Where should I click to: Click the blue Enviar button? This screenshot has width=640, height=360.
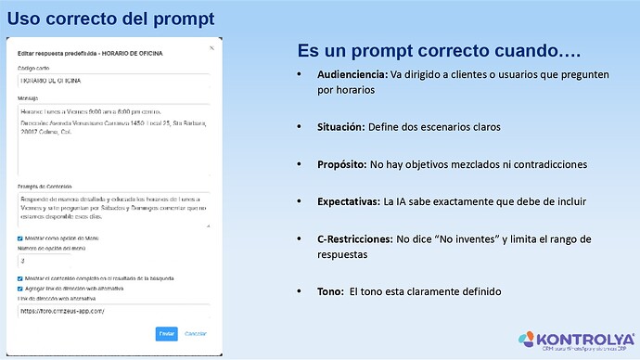coord(166,333)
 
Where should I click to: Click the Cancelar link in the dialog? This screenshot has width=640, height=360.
coord(195,333)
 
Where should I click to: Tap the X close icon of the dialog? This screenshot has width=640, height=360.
coord(211,46)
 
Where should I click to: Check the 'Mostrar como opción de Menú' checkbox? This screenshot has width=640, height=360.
coord(20,238)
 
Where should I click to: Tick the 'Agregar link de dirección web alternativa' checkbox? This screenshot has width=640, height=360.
coord(20,288)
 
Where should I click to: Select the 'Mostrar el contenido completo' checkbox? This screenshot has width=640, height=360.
coord(20,278)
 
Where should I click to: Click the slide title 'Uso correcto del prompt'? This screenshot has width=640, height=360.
coord(110,18)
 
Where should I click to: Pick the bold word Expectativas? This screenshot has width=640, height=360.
coord(350,200)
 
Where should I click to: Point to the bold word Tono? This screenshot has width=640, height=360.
coord(331,290)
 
